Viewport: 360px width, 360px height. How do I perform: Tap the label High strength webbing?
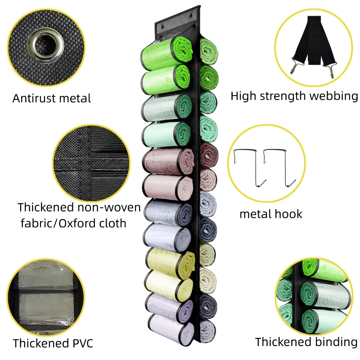click(x=294, y=95)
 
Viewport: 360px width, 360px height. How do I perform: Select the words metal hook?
click(x=270, y=213)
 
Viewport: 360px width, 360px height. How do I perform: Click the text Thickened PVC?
click(x=53, y=343)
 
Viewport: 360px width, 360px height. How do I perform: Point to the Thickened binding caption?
click(x=306, y=342)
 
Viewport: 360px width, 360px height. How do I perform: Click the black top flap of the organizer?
click(x=178, y=26)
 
